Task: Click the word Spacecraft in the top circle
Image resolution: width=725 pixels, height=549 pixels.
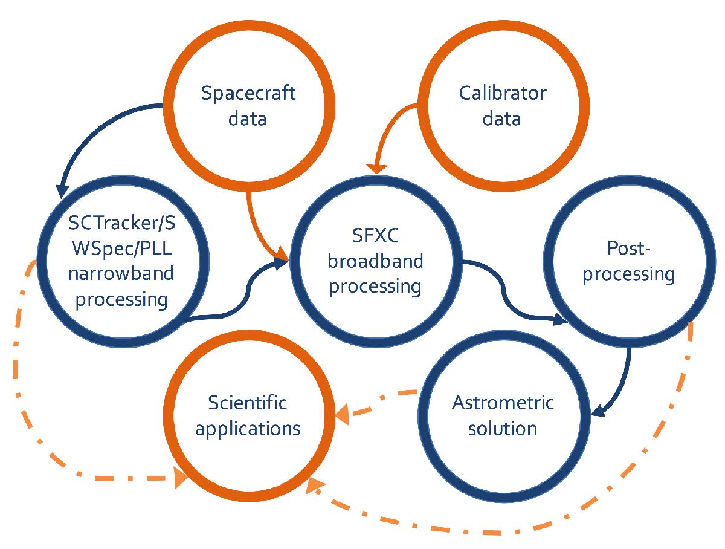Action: click(248, 94)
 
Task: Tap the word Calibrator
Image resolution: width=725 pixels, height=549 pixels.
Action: click(502, 93)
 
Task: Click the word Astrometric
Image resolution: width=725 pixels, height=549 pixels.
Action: click(503, 403)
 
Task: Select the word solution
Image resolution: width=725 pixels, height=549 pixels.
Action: click(503, 428)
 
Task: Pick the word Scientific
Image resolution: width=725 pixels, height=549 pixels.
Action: click(248, 403)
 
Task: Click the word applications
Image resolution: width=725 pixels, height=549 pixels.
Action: click(248, 428)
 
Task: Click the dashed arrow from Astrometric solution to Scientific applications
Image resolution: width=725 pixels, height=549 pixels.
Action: click(375, 406)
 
